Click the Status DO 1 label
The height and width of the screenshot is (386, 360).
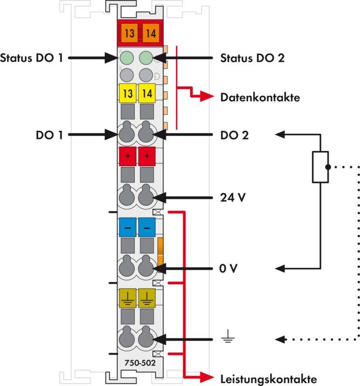[32, 58]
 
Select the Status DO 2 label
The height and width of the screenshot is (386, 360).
[252, 58]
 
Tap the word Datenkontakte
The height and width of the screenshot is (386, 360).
[260, 97]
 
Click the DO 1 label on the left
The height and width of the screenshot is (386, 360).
[49, 136]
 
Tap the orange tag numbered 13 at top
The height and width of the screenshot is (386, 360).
[128, 33]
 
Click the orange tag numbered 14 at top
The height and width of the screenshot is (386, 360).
[150, 33]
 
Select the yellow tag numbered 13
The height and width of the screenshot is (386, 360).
[128, 94]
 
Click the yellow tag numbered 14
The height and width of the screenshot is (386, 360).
[147, 94]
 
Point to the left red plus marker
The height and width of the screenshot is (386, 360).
[128, 156]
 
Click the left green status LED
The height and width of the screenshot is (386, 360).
[126, 58]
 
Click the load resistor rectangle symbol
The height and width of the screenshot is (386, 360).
[320, 167]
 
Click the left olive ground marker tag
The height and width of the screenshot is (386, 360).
[128, 298]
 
